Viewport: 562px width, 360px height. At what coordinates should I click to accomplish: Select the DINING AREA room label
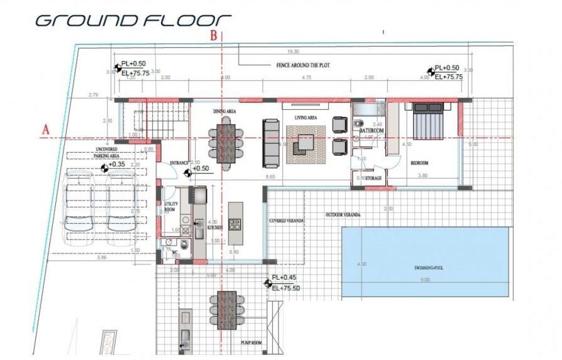point(224,111)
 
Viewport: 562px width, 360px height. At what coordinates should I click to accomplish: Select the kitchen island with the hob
point(236,223)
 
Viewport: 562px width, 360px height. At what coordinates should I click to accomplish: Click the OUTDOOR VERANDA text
point(343,215)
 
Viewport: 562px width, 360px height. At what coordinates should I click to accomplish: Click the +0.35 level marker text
point(118,165)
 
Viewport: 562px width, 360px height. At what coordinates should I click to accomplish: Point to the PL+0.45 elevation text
point(283,277)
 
